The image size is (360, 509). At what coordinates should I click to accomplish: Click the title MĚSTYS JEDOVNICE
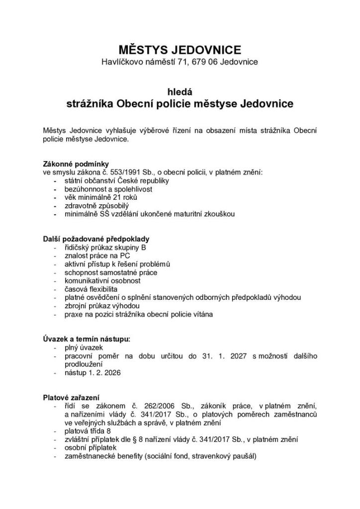coord(180,50)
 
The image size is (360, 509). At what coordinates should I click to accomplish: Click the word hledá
coord(180,91)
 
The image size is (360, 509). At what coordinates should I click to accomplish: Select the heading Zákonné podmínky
coord(76,164)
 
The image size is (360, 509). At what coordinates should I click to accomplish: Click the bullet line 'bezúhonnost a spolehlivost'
coord(108,189)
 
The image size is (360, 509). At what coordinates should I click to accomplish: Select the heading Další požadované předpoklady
coord(96,239)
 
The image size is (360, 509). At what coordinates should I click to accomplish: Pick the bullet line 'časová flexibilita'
coord(91,289)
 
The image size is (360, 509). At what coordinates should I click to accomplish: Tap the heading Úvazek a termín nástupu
coord(87,339)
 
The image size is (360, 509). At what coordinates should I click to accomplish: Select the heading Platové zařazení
coord(72,398)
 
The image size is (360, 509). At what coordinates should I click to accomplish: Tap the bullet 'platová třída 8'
coord(88,431)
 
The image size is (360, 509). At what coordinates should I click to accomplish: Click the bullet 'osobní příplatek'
coord(90,448)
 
